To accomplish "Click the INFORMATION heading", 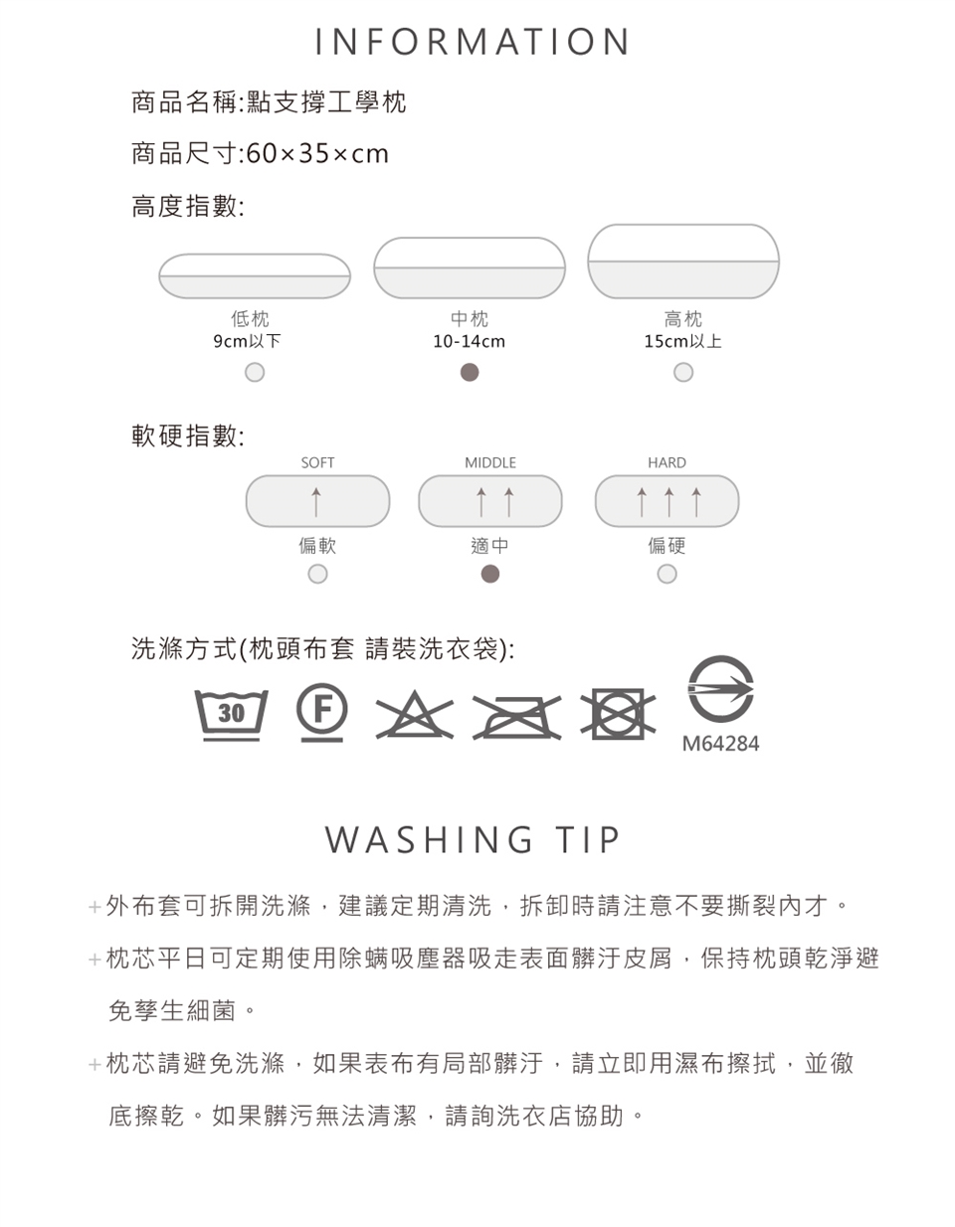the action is pos(473,41).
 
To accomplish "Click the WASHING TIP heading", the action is pos(473,839).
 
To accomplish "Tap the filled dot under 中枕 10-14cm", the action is pos(470,372).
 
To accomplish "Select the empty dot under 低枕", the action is pos(255,372).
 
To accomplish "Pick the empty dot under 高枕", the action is pos(683,372).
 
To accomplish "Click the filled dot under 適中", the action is pos(490,574).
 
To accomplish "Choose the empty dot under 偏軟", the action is pos(318,574).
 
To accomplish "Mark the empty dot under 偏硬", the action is pos(667,574).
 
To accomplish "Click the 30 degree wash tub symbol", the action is pos(231,715).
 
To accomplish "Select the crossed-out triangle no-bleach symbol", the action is pos(415,715).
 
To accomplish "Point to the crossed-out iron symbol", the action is pos(516,717).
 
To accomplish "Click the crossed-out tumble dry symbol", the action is pos(619,714).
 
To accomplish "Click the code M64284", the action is pos(720,744).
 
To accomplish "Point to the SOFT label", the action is pos(317,463).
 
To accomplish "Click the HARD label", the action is pos(667,463).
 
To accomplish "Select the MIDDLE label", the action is pos(490,463).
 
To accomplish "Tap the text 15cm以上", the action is pos(683,341).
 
